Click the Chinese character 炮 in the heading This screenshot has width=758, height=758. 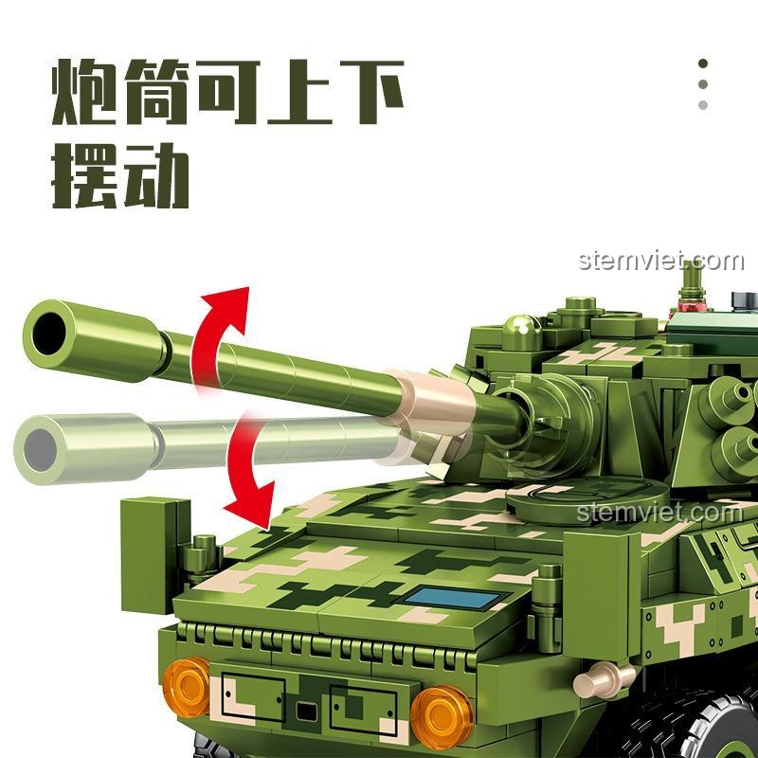tap(84, 92)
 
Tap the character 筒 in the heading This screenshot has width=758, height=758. tap(155, 92)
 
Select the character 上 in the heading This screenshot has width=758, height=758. tap(299, 91)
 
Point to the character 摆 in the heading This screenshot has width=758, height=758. tap(84, 175)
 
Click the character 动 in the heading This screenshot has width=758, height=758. tap(155, 175)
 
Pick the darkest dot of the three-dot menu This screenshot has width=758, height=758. tap(703, 63)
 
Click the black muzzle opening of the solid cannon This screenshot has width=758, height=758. tap(49, 334)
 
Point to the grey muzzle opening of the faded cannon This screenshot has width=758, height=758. tap(40, 450)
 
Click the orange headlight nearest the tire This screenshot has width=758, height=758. tap(442, 717)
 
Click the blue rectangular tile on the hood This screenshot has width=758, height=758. tap(452, 599)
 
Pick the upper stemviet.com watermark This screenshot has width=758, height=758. tap(660, 262)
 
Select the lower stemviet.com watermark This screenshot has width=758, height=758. tap(659, 512)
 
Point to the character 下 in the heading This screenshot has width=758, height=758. tap(371, 91)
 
